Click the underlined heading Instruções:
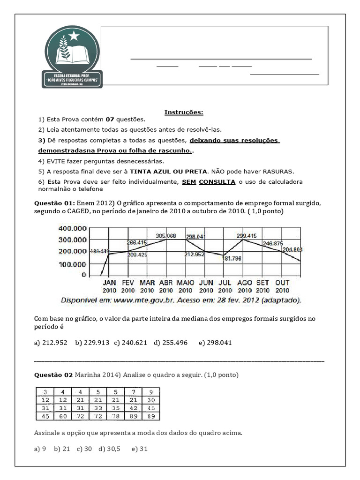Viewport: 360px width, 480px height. pos(184,112)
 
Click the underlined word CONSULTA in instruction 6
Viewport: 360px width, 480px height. pos(217,182)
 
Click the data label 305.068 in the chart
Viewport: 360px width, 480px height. pos(165,236)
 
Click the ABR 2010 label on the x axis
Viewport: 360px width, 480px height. pos(166,286)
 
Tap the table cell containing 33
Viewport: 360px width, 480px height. pos(98,408)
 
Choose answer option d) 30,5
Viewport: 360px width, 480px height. pos(109,449)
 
